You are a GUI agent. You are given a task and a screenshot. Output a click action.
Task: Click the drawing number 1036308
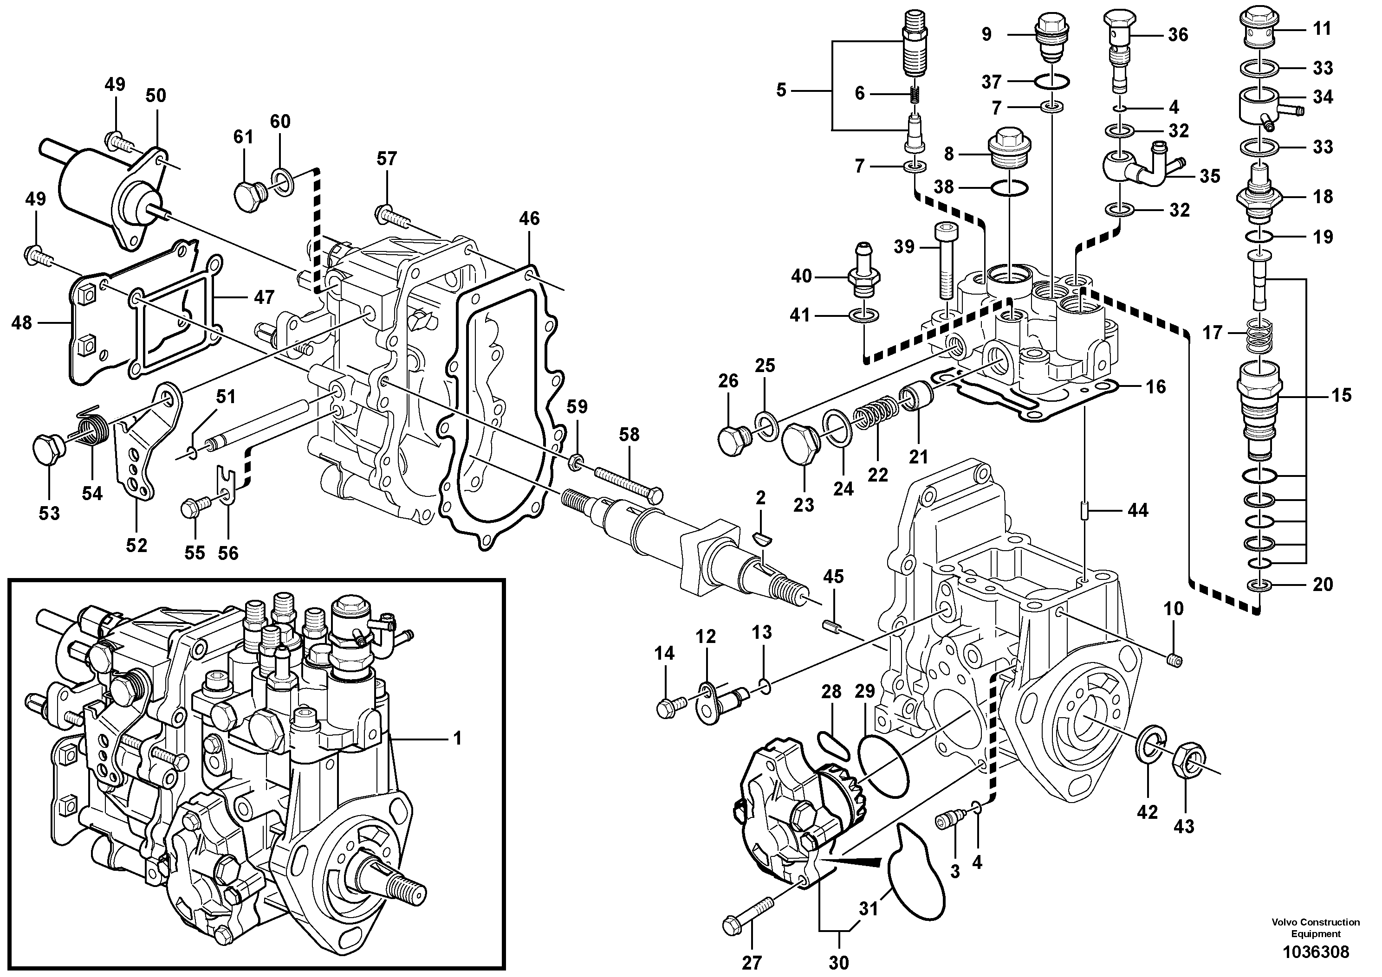[x=1315, y=952]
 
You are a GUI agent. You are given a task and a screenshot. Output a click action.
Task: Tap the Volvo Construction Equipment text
[x=1315, y=928]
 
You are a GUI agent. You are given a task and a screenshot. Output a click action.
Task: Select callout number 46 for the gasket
[x=529, y=219]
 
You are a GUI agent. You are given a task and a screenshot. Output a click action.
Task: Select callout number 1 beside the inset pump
[x=457, y=738]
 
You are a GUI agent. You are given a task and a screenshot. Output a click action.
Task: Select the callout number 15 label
[x=1342, y=395]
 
